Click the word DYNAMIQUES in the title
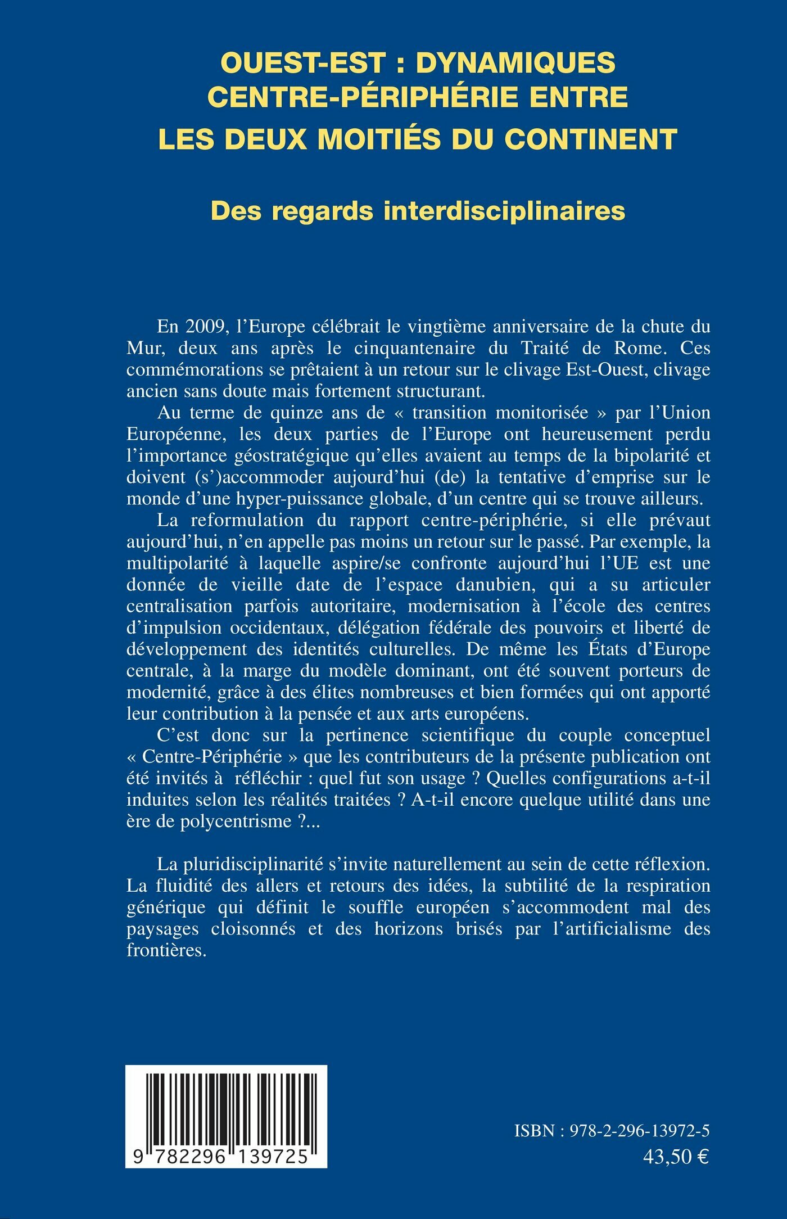point(515,62)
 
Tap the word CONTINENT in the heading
point(590,139)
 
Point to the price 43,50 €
point(676,1157)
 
